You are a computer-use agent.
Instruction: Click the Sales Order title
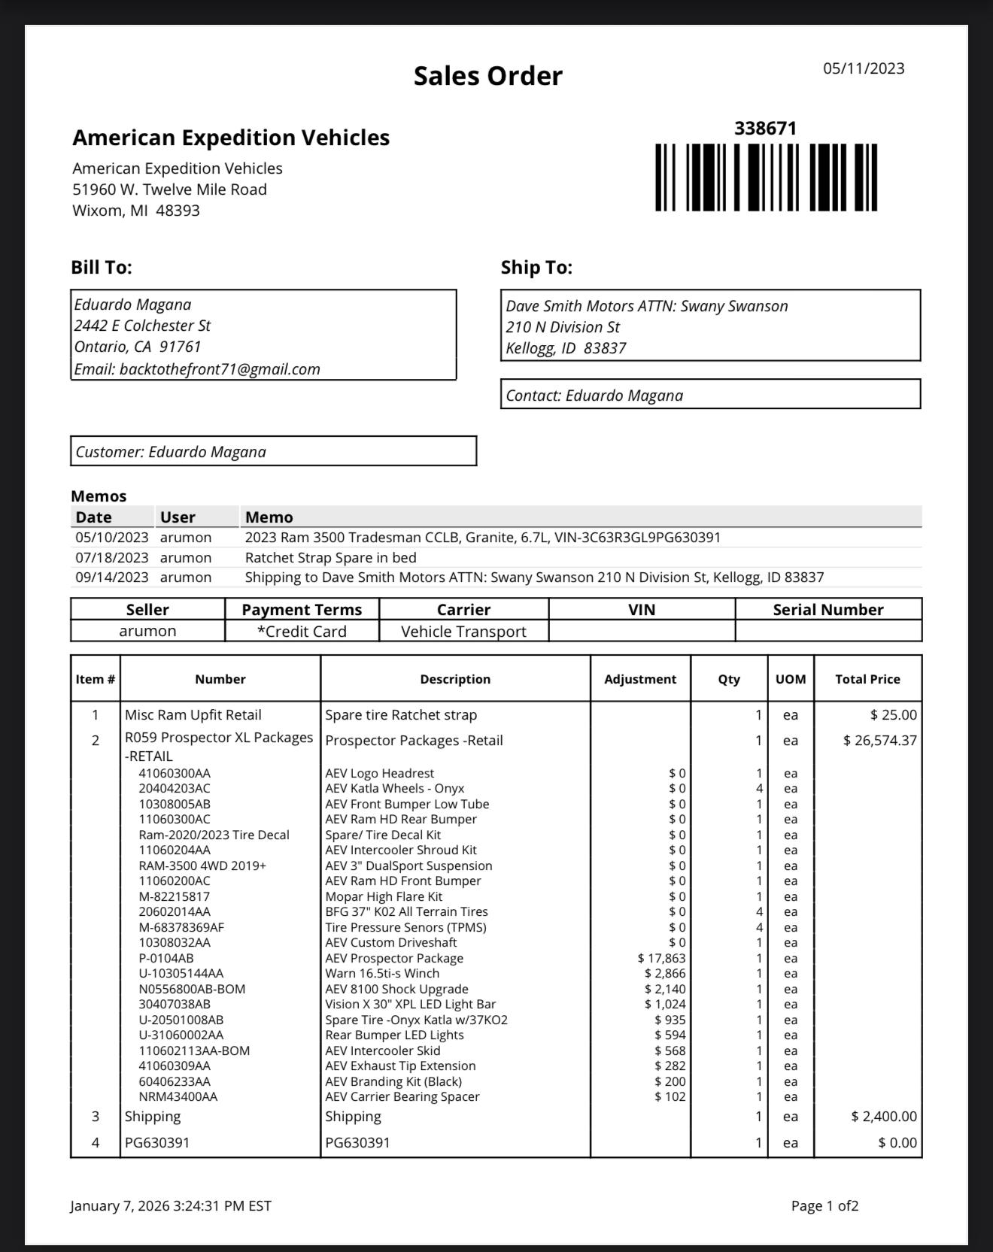487,76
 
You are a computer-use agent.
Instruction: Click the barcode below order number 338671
766,177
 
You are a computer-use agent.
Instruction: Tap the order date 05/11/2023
864,68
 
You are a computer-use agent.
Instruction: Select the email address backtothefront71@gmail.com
220,369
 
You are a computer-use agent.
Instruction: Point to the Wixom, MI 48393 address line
136,211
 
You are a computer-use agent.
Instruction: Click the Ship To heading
536,268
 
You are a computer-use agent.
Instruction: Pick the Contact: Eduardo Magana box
710,395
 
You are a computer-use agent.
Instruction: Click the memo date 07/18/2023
111,558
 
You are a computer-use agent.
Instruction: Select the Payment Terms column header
302,610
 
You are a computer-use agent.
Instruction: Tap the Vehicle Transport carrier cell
463,632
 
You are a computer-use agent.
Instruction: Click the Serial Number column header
827,610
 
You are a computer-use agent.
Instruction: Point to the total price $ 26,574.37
879,741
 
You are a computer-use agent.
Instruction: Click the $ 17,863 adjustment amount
661,959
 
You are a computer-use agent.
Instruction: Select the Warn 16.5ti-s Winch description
382,974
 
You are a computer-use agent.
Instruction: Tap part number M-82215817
175,897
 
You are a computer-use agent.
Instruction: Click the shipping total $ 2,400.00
883,1117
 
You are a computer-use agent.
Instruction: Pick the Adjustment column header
640,679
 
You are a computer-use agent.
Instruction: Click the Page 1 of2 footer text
824,1206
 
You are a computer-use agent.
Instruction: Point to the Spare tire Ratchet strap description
401,715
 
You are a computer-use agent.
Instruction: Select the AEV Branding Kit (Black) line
393,1082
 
